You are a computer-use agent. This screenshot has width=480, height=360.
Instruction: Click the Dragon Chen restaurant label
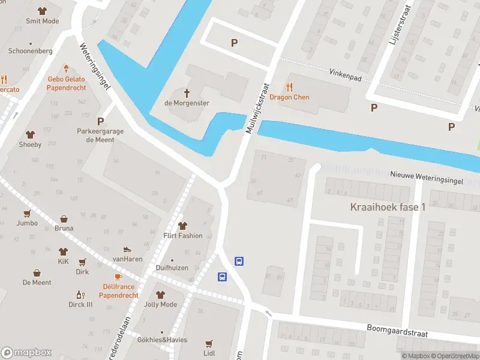pos(293,97)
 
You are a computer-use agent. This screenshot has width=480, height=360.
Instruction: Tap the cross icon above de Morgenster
pos(187,93)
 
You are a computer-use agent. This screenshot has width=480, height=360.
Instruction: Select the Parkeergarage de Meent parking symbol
pos(100,121)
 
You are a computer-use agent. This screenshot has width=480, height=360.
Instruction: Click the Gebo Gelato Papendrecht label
pos(67,83)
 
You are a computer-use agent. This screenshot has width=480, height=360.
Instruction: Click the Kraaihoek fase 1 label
pos(388,207)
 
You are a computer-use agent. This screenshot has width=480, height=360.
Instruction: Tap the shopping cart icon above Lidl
pos(209,344)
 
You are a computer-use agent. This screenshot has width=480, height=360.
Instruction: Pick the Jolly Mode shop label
pos(160,304)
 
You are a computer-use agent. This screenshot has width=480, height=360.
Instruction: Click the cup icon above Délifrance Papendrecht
pos(118,277)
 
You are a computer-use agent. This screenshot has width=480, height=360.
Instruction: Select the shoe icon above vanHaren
pos(127,249)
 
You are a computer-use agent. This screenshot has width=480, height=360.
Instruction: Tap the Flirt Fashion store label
pos(182,236)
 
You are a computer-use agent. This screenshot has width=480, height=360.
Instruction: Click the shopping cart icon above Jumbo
pos(27,213)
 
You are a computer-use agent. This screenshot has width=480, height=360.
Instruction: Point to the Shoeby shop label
pos(30,145)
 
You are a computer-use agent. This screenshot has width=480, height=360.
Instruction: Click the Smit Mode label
pos(42,21)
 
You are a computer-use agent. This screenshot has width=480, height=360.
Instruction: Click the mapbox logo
pos(26,353)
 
